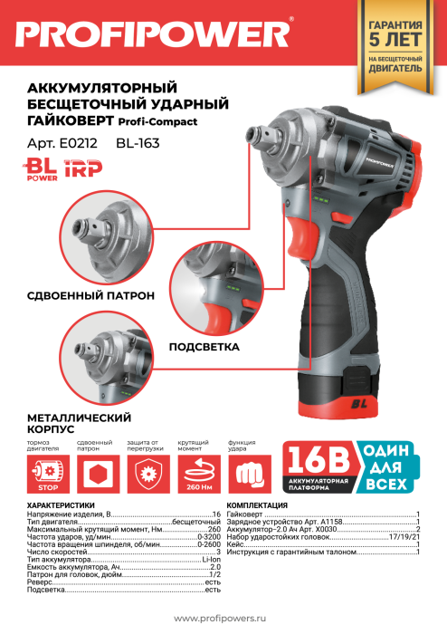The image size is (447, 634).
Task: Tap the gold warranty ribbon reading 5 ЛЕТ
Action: pos(395,46)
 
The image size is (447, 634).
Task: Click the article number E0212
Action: pos(78,143)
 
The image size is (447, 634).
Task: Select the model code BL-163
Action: pos(138,143)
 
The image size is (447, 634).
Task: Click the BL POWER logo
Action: pos(40,169)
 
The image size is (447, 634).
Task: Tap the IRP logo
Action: pos(83,168)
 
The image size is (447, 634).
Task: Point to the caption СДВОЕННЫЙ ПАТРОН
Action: pos(90,295)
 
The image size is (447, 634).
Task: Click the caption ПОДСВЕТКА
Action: pos(204,347)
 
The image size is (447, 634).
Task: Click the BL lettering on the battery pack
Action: pos(358,403)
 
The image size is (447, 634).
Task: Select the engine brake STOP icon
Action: pos(48,474)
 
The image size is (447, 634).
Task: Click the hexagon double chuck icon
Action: pos(98,474)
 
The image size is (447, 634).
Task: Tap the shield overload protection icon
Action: pos(148,474)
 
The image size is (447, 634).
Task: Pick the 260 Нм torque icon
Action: pos(199,474)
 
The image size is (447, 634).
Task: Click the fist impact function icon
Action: pos(250,474)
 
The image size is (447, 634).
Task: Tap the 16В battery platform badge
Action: pos(319,467)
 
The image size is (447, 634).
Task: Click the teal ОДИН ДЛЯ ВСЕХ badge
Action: pos(387,467)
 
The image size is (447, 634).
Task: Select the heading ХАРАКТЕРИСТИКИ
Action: pos(61,505)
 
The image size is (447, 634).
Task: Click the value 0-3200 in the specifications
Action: pos(209,537)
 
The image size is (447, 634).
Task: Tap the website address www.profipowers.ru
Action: pos(220,619)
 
